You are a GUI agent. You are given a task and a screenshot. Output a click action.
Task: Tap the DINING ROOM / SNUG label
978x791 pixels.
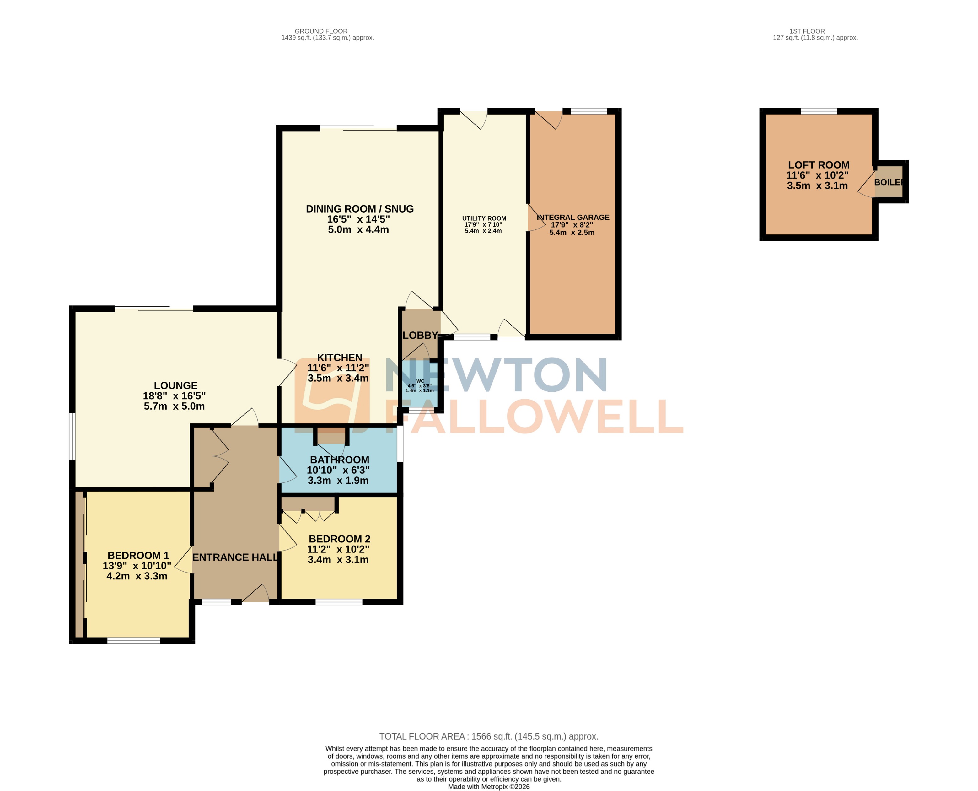pos(359,209)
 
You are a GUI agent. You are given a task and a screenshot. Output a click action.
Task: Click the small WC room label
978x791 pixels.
pos(420,381)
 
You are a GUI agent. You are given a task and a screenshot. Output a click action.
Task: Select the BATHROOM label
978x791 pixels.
pos(339,460)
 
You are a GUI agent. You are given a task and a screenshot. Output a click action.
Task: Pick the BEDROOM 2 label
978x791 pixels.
pos(339,539)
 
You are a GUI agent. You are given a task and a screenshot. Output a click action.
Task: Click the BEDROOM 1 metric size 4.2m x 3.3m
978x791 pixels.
pos(137,576)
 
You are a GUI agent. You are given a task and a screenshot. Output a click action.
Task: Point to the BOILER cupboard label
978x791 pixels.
pos(888,182)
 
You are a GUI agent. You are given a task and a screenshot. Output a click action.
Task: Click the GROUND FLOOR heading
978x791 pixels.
pos(321,31)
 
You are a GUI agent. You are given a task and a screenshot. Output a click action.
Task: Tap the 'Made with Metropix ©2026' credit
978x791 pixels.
pos(489,786)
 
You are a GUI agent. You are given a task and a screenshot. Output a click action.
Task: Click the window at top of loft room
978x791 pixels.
pos(819,111)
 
